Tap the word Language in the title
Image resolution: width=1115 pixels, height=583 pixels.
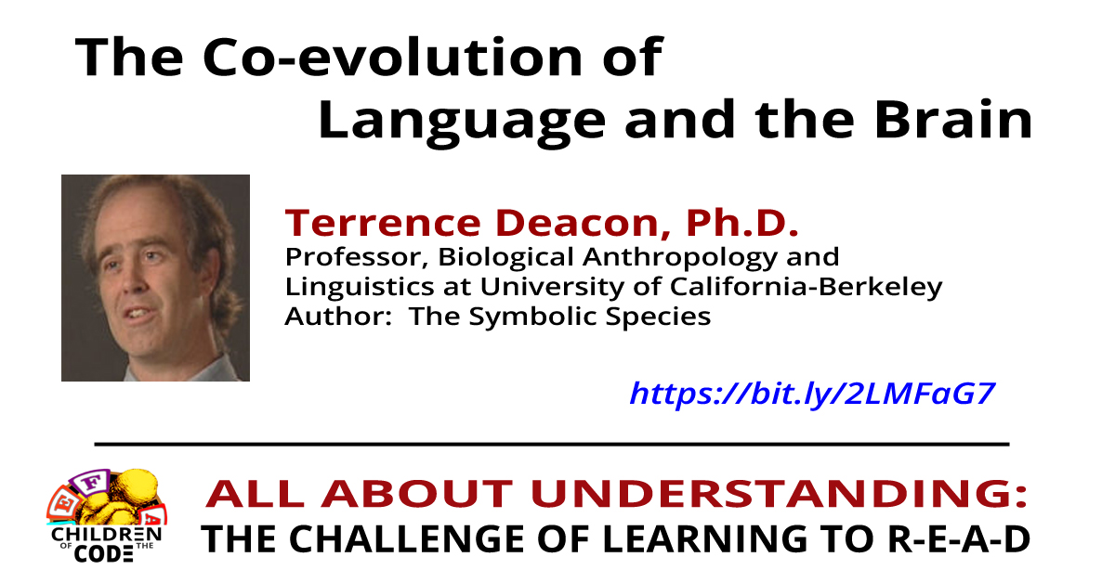point(446,122)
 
